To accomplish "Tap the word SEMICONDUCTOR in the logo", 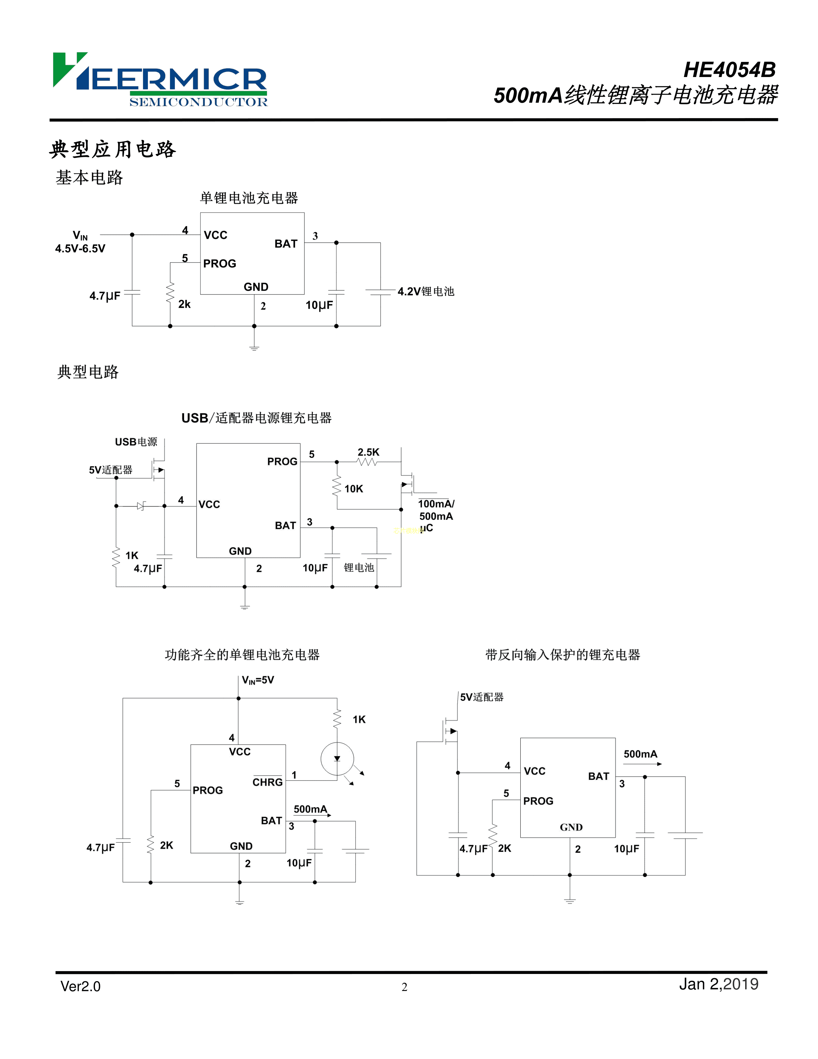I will click(198, 102).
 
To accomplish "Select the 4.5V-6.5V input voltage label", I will click(80, 249).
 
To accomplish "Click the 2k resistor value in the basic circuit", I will click(184, 305).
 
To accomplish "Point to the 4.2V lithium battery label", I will click(425, 291).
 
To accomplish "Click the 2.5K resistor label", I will click(368, 452).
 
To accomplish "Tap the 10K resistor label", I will click(354, 489).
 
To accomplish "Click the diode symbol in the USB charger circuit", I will click(141, 506).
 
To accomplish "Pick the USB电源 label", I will click(136, 442).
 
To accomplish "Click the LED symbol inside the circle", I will click(337, 759).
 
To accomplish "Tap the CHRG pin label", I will click(268, 782).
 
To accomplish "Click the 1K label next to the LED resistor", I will click(359, 719).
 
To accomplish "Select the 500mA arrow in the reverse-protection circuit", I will click(642, 764).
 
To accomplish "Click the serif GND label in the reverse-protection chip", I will click(571, 827).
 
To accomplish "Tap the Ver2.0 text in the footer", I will click(81, 986).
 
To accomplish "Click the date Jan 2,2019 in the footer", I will click(718, 984).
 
